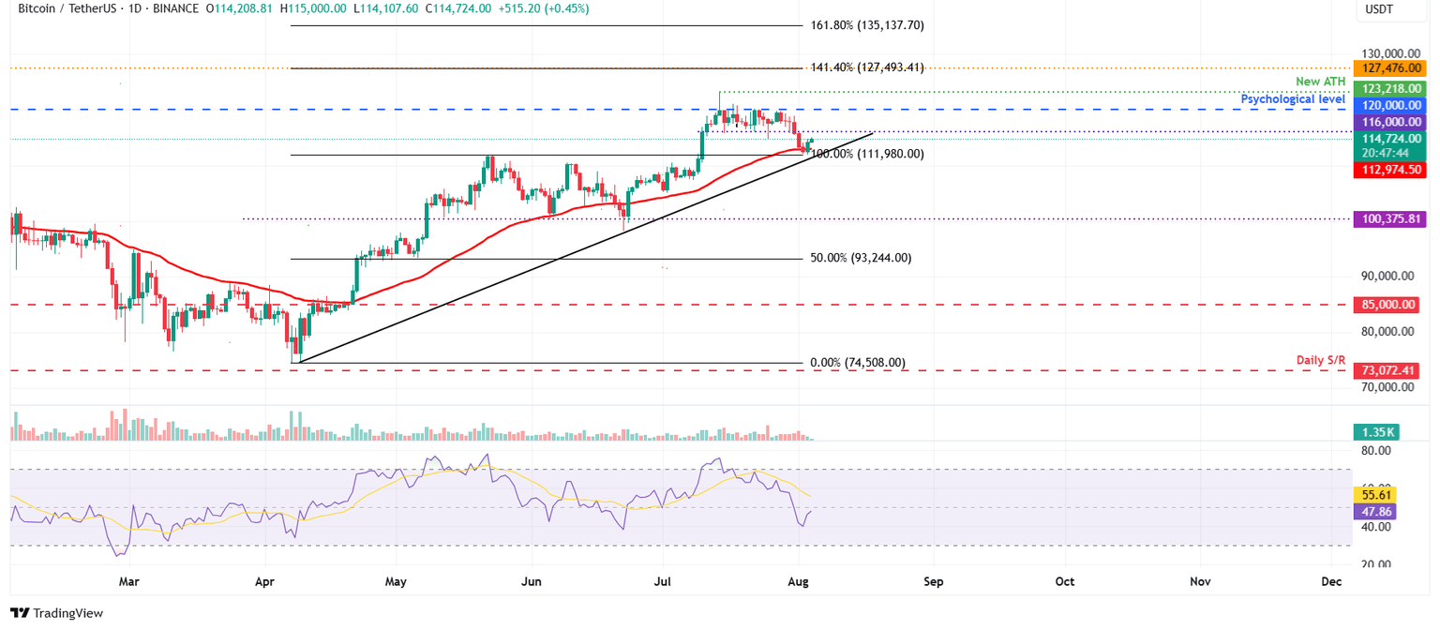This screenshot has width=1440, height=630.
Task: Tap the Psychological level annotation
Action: [x=1293, y=98]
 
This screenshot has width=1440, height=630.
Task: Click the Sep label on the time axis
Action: [x=932, y=581]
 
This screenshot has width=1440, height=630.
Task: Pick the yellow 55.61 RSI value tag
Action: [x=1375, y=494]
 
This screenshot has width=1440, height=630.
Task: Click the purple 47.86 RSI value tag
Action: [x=1375, y=512]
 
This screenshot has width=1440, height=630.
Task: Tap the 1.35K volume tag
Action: [x=1375, y=432]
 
